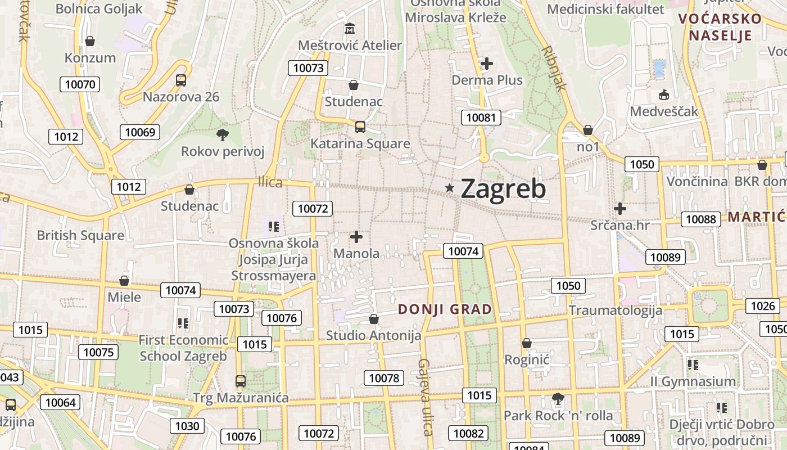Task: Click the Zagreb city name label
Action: point(503,189)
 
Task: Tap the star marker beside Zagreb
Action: point(450,188)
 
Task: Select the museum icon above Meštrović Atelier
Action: point(350,28)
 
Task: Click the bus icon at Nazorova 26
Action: point(180,80)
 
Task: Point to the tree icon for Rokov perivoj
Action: point(223,134)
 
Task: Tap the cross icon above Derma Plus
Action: point(487,64)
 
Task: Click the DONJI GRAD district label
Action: point(445,309)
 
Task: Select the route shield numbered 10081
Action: point(481,118)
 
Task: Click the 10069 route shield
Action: point(140,132)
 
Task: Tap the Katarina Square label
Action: point(360,143)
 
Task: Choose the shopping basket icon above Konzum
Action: point(89,41)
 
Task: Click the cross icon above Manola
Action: point(356,237)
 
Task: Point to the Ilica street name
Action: point(270,182)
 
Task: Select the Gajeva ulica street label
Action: point(426,397)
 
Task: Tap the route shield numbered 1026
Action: point(762,306)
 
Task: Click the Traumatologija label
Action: point(615,310)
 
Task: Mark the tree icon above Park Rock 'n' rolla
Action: point(558,399)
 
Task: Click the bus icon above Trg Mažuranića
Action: point(241,381)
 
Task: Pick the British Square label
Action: point(80,235)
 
